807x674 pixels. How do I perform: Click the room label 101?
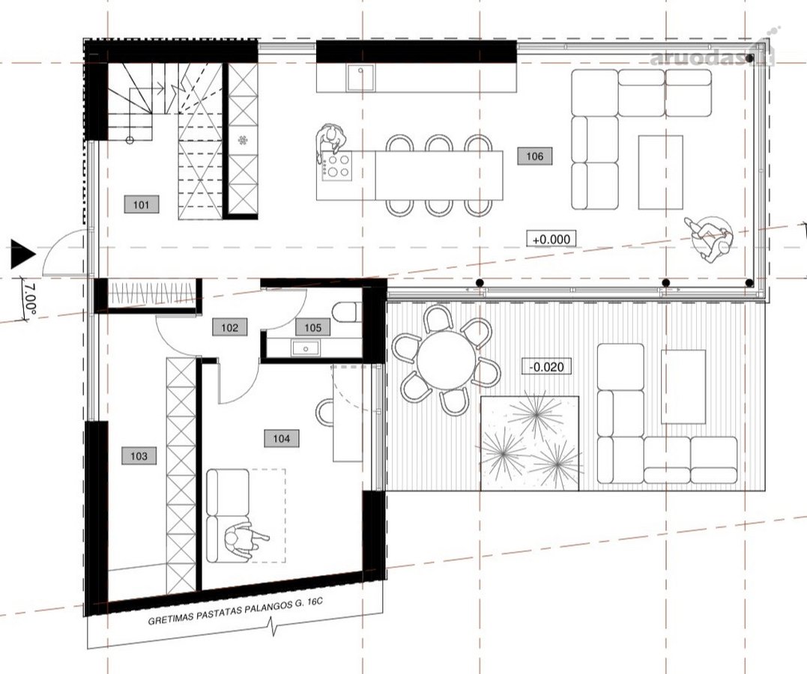(141, 204)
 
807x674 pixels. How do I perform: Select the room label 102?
(229, 327)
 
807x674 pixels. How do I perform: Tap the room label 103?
(139, 456)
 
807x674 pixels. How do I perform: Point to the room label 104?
(281, 438)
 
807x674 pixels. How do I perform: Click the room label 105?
(313, 327)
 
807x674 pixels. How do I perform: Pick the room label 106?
(535, 156)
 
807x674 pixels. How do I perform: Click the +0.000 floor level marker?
(551, 239)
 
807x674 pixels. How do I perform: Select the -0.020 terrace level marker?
(546, 366)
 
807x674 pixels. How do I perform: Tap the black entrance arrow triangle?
(22, 254)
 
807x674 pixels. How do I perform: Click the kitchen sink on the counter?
(360, 77)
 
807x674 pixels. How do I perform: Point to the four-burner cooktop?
(337, 166)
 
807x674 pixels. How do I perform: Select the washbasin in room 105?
(305, 348)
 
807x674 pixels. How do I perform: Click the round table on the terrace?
(447, 360)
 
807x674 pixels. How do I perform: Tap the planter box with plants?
(530, 443)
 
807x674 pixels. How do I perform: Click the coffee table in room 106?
(660, 172)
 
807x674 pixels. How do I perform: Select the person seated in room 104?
(245, 540)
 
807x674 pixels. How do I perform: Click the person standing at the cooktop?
(330, 138)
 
